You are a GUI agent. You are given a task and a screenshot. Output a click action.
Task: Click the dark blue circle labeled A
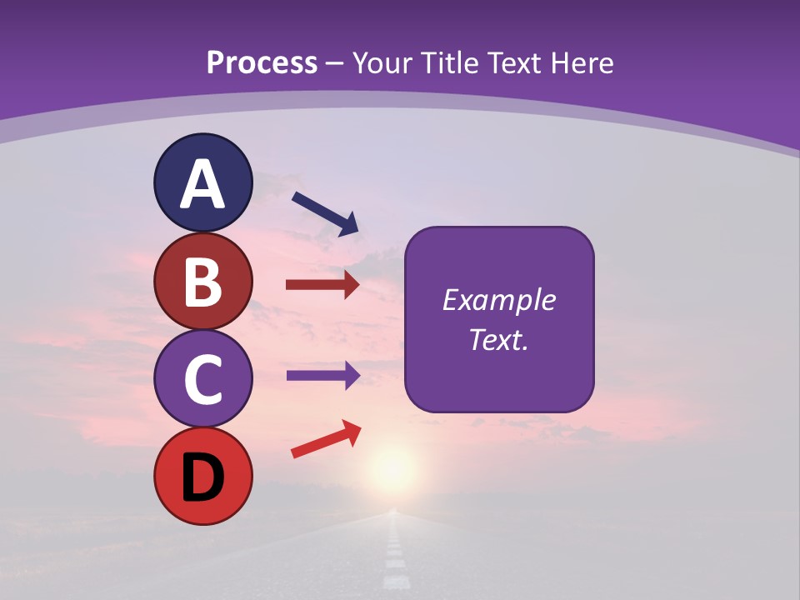(202, 182)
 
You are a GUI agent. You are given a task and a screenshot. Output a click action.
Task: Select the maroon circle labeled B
(202, 281)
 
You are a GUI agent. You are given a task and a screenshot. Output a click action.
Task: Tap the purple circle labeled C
(202, 379)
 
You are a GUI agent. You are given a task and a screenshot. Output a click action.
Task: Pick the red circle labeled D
(202, 477)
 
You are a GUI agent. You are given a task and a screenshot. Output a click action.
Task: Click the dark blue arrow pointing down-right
(326, 213)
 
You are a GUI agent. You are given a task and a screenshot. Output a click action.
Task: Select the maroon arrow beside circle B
(322, 286)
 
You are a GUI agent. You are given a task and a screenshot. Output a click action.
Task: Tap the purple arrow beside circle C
(322, 375)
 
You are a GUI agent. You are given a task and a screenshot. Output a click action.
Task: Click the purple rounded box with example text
(499, 319)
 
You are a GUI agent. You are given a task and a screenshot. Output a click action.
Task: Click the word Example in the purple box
(499, 300)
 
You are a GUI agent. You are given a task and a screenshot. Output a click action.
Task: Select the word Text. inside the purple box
(499, 339)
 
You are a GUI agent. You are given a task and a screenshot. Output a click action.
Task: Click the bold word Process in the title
(262, 63)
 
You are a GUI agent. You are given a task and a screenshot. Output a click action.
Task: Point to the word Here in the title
(583, 63)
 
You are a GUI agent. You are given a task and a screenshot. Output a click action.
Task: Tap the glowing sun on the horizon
(392, 464)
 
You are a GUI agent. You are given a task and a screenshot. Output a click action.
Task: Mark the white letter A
(202, 184)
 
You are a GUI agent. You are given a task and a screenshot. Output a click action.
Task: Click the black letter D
(202, 478)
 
